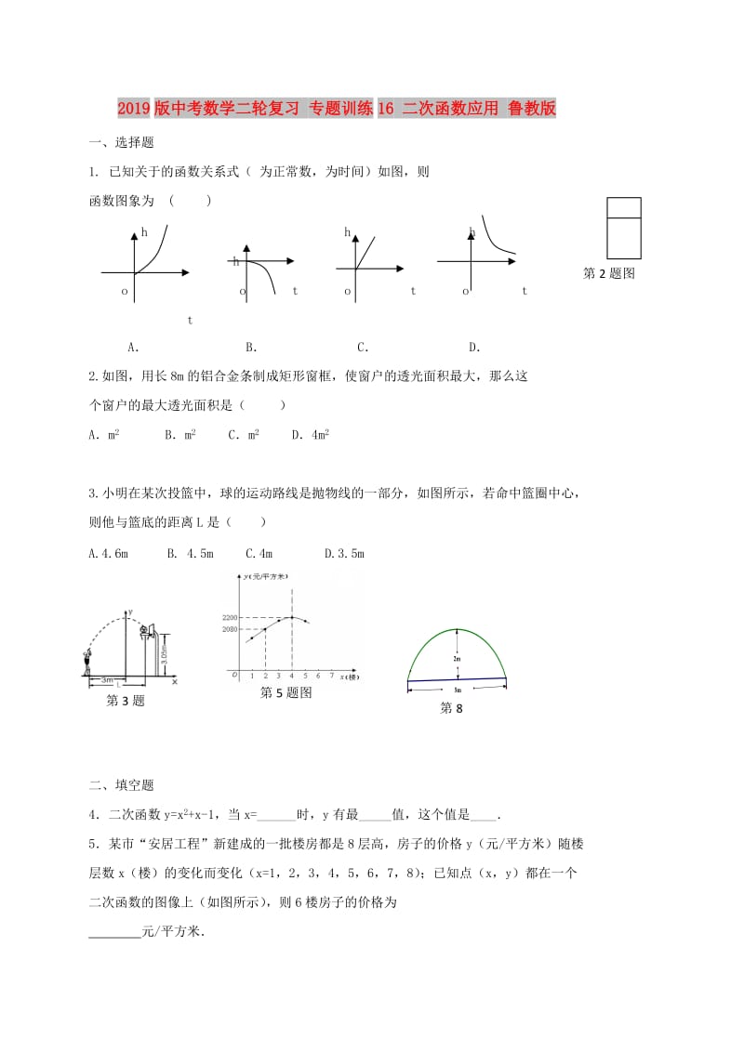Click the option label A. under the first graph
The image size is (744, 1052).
click(x=133, y=348)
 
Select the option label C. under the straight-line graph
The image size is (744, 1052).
click(x=363, y=348)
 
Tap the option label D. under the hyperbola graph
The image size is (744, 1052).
click(x=474, y=348)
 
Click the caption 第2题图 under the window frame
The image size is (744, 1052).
click(x=608, y=273)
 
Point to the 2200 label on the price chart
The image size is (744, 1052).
click(x=231, y=617)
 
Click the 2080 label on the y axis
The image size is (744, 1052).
click(x=231, y=630)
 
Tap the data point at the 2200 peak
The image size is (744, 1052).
click(x=292, y=617)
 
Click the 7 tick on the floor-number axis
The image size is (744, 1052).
click(x=332, y=676)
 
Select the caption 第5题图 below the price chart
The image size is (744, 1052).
click(x=286, y=692)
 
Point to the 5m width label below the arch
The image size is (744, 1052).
click(x=458, y=690)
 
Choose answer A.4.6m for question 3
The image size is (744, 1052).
click(x=108, y=554)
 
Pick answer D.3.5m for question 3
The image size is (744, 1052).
click(x=344, y=554)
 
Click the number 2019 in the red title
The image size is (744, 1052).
click(x=139, y=109)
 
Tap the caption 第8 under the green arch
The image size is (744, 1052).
click(x=450, y=708)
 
